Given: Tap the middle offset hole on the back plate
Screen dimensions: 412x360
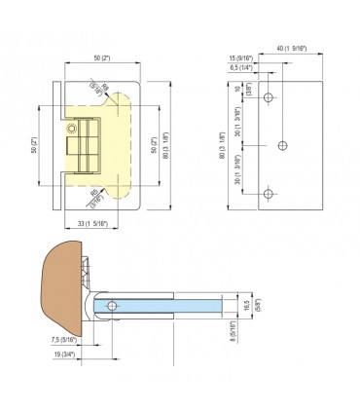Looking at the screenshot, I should point(283,145).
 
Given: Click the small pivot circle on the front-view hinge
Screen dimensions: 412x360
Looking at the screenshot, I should point(71,129).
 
